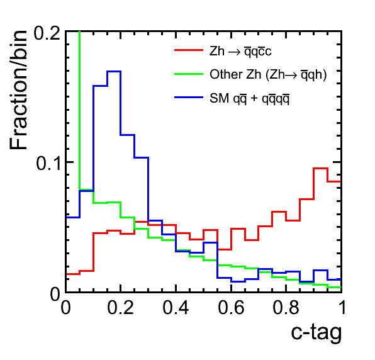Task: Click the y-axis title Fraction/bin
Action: click(x=18, y=90)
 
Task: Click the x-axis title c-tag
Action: click(x=316, y=333)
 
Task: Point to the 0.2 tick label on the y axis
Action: click(x=47, y=33)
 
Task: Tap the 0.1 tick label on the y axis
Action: click(x=48, y=164)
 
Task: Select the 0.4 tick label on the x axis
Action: click(x=176, y=307)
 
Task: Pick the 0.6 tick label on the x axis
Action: click(x=231, y=307)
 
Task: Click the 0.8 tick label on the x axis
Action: click(x=286, y=307)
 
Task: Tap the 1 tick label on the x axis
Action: click(x=343, y=307)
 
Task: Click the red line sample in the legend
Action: click(x=189, y=50)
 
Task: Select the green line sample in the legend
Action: click(x=189, y=74)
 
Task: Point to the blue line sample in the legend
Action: click(x=189, y=98)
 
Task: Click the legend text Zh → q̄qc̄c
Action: click(x=240, y=51)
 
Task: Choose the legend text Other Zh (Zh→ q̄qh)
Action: click(x=268, y=74)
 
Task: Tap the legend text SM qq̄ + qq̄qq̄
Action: click(x=249, y=98)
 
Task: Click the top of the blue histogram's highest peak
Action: click(x=114, y=71)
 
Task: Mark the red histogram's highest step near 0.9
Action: click(x=320, y=169)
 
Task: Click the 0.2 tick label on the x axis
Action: click(x=121, y=307)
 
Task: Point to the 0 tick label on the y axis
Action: click(x=55, y=295)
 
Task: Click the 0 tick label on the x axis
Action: click(x=66, y=307)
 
